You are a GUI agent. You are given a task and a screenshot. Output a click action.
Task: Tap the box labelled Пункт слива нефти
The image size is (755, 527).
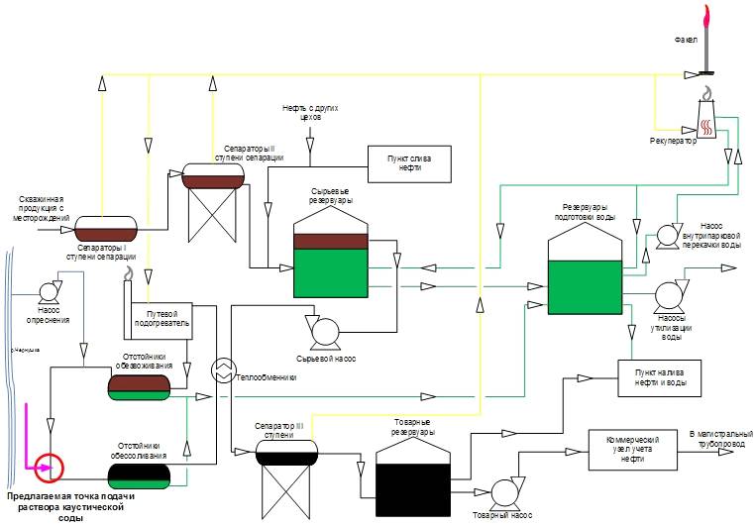click(408, 159)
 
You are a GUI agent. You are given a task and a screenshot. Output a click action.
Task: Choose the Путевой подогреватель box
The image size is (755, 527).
click(162, 319)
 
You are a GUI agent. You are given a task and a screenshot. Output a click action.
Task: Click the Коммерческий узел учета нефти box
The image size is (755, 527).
click(630, 443)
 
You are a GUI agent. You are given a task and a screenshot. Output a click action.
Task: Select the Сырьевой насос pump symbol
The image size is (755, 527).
click(323, 331)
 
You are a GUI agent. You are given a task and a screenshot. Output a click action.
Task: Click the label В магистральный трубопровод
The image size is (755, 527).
click(720, 438)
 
